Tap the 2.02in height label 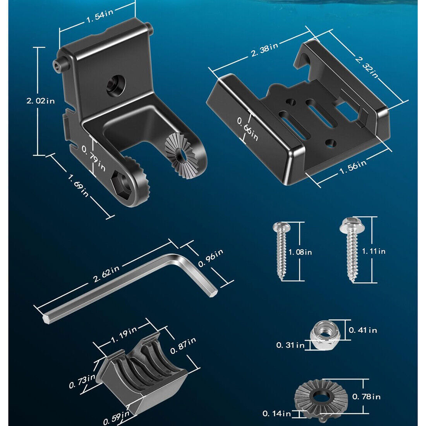pos(41,101)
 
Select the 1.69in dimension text pos(78,186)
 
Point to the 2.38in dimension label pos(265,50)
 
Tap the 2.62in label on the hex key pos(106,274)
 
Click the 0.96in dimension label pos(211,258)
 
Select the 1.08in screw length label pos(300,253)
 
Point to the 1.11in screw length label pos(374,251)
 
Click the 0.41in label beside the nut pos(363,330)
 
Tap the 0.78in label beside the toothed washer pos(366,397)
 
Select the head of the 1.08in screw pos(281,227)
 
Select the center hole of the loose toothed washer pos(321,397)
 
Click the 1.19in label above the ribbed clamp pos(124,333)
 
